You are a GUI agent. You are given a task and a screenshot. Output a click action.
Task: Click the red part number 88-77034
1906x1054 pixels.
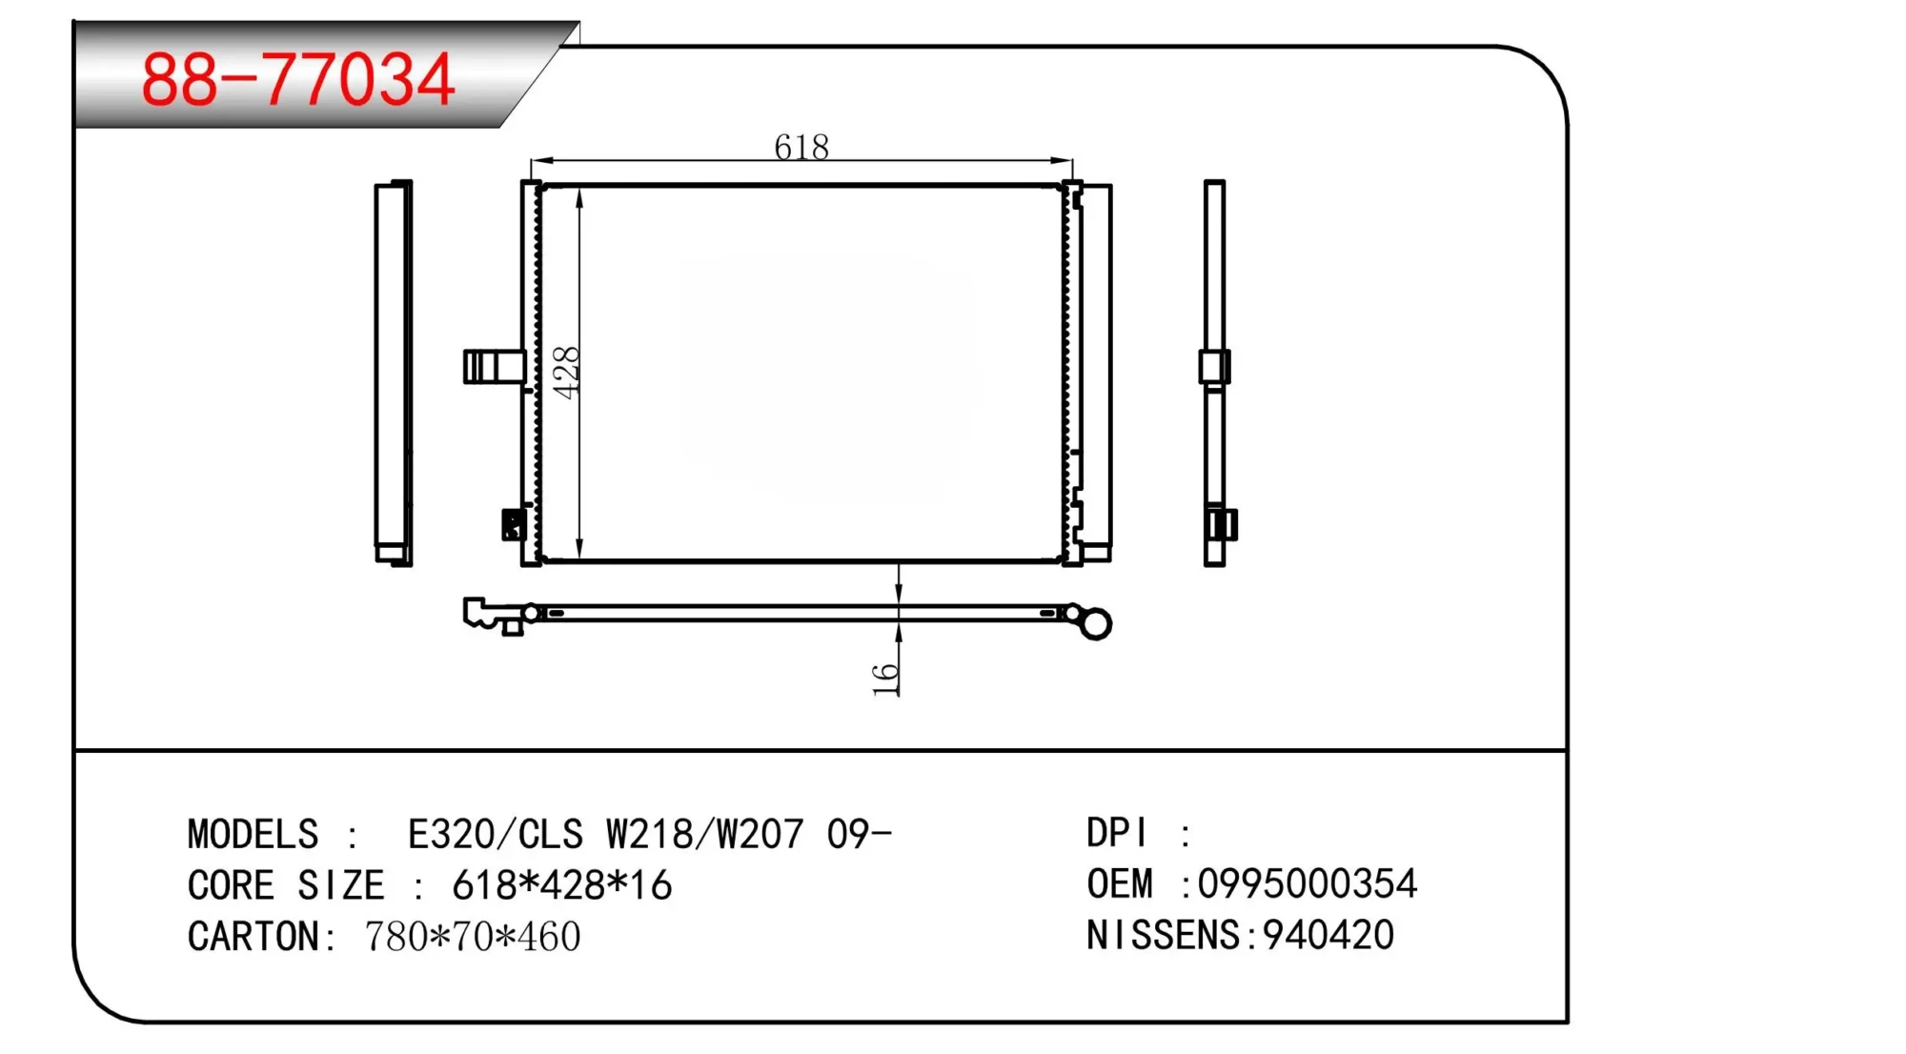[x=297, y=79]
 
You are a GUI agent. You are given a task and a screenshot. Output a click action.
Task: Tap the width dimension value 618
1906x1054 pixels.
[x=801, y=147]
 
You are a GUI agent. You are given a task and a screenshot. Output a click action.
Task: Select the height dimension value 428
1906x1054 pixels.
[x=566, y=373]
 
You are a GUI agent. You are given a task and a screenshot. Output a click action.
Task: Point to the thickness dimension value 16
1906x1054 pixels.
[x=885, y=679]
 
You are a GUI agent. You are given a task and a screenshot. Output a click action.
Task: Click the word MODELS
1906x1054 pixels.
[x=253, y=834]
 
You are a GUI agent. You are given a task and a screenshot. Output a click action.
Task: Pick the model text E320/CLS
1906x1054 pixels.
[x=495, y=834]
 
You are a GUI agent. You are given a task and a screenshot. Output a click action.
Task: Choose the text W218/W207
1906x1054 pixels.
[x=705, y=834]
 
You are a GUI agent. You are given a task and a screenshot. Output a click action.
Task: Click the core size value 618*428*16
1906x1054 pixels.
[x=562, y=885]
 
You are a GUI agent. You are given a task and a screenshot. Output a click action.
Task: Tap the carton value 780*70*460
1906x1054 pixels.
[x=473, y=937]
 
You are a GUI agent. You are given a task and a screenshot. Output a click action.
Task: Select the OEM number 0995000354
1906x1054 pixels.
[x=1308, y=883]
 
